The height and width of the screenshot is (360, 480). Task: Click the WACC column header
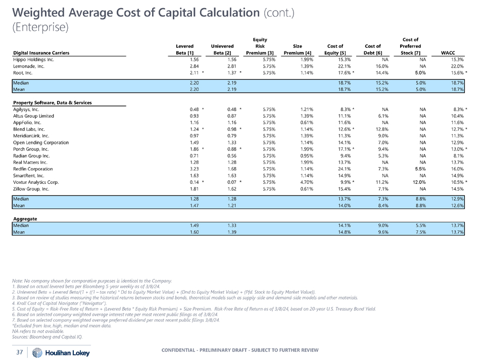pos(448,53)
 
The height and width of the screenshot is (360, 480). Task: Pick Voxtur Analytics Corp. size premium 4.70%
pos(301,181)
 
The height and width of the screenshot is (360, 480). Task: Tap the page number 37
pos(19,352)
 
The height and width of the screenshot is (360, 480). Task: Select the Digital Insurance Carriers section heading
pos(41,53)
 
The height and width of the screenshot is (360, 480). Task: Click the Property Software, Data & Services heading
pos(53,102)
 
